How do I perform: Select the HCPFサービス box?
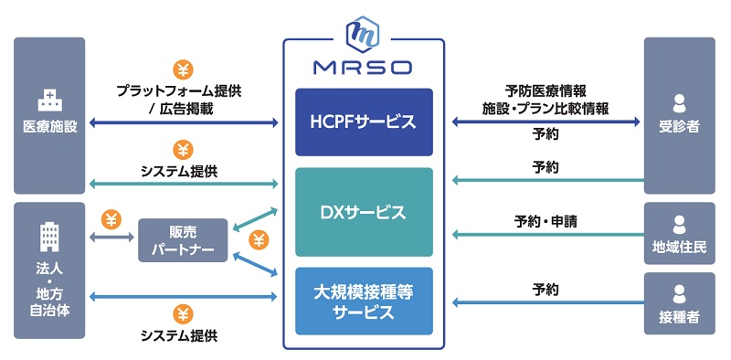tap(363, 122)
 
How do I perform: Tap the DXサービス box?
tap(363, 212)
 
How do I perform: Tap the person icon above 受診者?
tap(679, 102)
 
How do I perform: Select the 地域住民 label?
tap(679, 248)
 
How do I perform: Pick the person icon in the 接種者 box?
tap(679, 293)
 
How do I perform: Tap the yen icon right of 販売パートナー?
tap(259, 240)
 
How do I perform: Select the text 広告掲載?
tap(189, 108)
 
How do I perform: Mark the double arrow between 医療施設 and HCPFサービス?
tap(183, 122)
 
